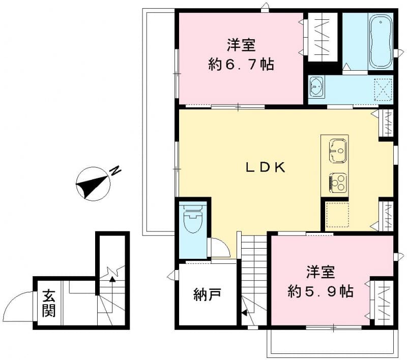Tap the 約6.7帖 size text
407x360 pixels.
(x=241, y=65)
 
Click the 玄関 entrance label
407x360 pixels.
(x=48, y=304)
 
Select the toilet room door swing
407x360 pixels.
(x=220, y=248)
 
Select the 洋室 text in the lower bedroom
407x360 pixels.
(x=321, y=272)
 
